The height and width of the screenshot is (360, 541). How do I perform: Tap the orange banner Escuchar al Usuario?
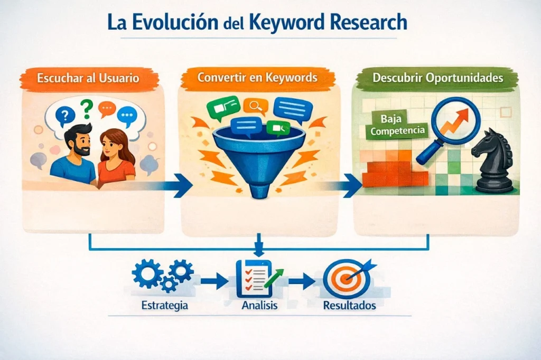[x=88, y=78]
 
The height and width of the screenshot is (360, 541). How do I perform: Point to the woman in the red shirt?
[x=115, y=158]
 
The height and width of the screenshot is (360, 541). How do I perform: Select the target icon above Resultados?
[x=342, y=280]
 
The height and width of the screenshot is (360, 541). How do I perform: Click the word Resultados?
[x=349, y=305]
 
